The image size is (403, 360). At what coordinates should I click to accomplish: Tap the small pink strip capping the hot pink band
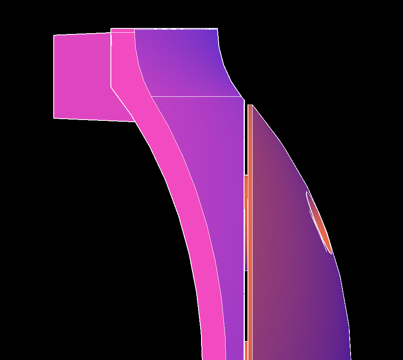(122, 30)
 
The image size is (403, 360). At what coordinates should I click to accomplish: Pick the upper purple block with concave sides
(185, 60)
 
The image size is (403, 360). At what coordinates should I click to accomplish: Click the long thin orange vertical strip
(250, 232)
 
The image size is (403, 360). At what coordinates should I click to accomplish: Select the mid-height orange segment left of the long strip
(246, 223)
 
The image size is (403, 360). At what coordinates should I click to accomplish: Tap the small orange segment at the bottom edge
(246, 351)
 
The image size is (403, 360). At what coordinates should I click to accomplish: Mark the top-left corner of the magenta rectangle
(54, 35)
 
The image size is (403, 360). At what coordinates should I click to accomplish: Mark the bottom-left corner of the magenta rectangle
(54, 117)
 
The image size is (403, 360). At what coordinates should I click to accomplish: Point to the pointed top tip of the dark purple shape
(253, 105)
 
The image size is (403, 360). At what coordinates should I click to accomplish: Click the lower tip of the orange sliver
(331, 253)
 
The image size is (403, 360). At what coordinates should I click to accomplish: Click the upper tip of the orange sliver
(307, 192)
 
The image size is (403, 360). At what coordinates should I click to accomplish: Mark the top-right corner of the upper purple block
(217, 29)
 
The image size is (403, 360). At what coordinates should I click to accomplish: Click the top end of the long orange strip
(250, 105)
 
